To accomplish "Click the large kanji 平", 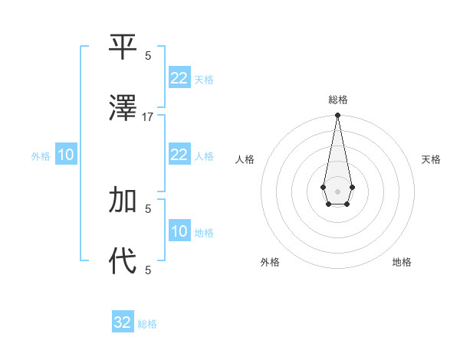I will pos(123,47).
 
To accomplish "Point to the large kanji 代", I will pos(123,260).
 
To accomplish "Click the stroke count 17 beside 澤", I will pos(148,116).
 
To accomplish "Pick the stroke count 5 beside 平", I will pos(148,55).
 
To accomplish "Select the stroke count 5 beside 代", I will pos(148,269).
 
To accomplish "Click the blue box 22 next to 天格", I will pos(179,78).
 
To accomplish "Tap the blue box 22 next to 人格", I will pos(179,155).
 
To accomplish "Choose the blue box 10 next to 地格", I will pos(179,231).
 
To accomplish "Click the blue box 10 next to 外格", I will pos(66,155).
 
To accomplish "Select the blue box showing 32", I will pos(123,322).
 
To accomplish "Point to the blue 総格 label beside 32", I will pos(147,324).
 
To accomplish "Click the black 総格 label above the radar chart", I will pos(337,100).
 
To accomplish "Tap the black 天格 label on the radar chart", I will pos(431,159).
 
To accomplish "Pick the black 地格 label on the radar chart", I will pos(402,262).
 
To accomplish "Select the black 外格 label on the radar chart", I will pos(270,262).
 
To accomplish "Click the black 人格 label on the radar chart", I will pos(245,159).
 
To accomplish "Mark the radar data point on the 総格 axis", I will pos(337,116).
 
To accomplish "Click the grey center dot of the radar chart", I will pos(337,191).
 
